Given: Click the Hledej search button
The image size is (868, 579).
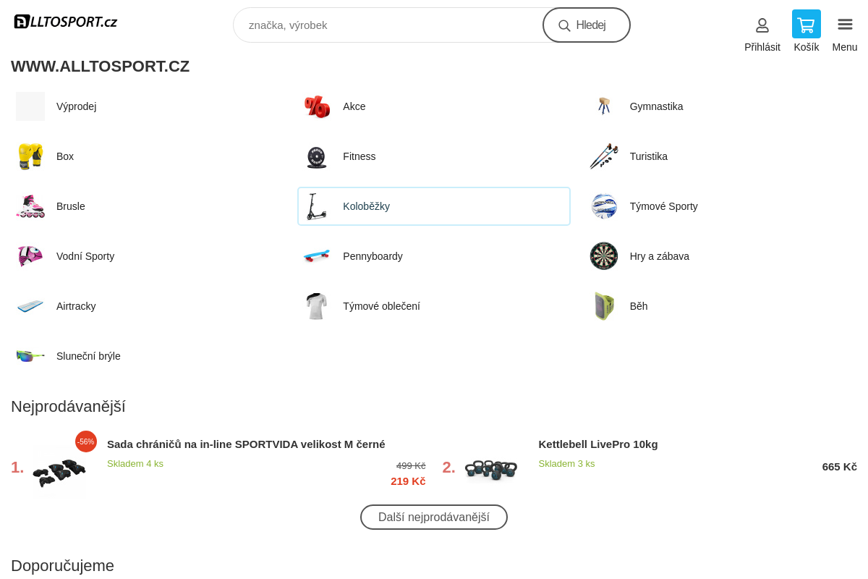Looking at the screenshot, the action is (587, 25).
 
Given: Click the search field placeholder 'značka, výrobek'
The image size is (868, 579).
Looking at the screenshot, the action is (288, 25).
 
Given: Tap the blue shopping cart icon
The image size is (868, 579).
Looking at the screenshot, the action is (806, 24).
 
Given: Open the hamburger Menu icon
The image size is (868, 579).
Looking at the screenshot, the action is (845, 25).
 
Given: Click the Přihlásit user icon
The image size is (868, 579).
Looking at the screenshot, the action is (762, 25).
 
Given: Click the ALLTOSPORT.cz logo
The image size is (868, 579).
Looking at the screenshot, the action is (66, 22).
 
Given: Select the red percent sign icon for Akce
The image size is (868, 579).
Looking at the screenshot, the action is (317, 106).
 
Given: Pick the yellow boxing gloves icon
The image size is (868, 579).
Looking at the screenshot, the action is (30, 156).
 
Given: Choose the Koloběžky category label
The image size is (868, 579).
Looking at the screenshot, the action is (366, 206).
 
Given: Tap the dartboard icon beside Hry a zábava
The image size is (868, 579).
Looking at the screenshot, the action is (604, 256).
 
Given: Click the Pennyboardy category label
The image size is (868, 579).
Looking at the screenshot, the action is (373, 256).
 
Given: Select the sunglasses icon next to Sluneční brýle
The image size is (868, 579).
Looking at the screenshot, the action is (30, 355).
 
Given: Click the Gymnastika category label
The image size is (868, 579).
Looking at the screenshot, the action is (656, 106).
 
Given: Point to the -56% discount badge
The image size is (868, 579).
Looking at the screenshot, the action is (86, 441).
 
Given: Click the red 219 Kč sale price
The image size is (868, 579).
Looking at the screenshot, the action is (408, 481).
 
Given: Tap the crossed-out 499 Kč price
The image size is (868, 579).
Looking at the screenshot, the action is (411, 466).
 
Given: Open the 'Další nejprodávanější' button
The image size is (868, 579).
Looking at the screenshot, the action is (433, 517).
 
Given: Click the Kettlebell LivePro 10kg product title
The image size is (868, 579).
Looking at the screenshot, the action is (598, 444).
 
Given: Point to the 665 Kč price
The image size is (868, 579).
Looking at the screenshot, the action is (839, 467).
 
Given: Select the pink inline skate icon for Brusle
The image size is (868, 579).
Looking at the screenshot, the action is (30, 206).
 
